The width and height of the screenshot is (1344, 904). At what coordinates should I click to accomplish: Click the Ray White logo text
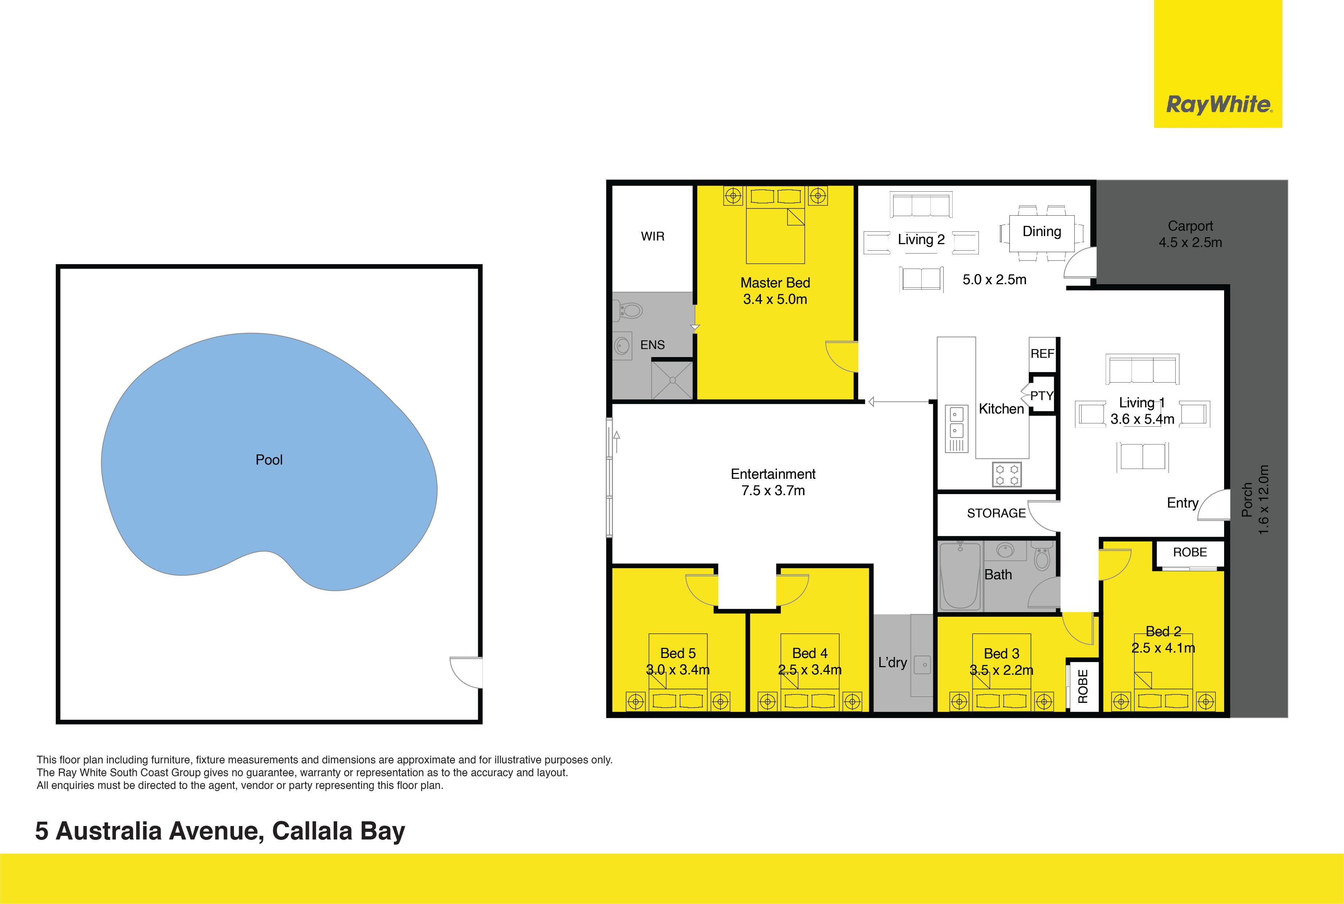[1218, 105]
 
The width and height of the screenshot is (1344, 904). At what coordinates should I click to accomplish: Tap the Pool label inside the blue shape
[269, 459]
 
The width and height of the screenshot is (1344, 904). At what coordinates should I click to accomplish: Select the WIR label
[652, 236]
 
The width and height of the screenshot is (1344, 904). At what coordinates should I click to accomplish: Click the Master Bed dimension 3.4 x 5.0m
[774, 299]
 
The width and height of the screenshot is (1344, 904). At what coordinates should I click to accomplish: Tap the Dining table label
[1041, 232]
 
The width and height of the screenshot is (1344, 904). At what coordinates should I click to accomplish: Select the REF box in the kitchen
[1042, 353]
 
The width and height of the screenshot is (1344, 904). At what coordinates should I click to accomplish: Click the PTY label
[1041, 395]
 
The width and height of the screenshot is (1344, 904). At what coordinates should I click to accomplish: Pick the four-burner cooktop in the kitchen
[1007, 474]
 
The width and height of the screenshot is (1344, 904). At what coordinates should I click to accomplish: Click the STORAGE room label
[996, 513]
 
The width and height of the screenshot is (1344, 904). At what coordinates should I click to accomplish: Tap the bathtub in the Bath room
[960, 575]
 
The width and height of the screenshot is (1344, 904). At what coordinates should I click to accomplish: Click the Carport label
[1190, 226]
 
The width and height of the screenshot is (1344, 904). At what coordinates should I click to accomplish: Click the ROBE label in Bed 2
[1189, 552]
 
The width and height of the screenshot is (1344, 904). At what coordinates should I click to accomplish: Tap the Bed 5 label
[677, 653]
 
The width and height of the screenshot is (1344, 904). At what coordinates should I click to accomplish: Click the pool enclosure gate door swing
[466, 672]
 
